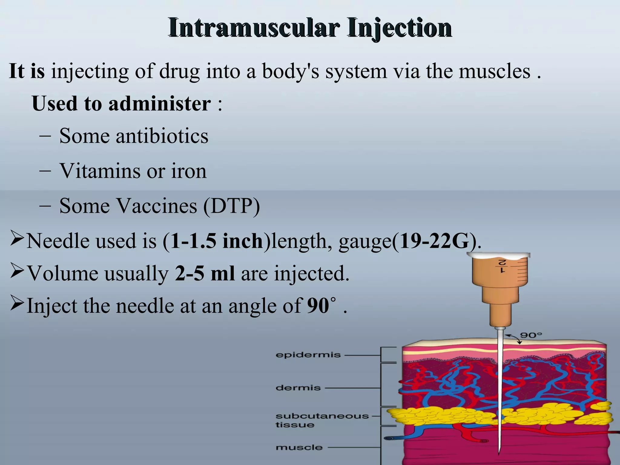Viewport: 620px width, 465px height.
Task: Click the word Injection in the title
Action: pos(400,28)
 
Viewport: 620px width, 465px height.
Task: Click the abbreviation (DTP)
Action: pos(232,206)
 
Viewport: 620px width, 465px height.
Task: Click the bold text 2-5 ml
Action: pos(205,273)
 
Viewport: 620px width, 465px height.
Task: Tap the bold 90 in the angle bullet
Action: pos(318,305)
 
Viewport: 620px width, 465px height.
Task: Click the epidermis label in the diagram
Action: pos(308,355)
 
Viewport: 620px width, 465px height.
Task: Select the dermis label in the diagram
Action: pos(298,388)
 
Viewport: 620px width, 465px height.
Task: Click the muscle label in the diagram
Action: pos(299,447)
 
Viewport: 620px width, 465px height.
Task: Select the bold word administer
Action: pos(160,104)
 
